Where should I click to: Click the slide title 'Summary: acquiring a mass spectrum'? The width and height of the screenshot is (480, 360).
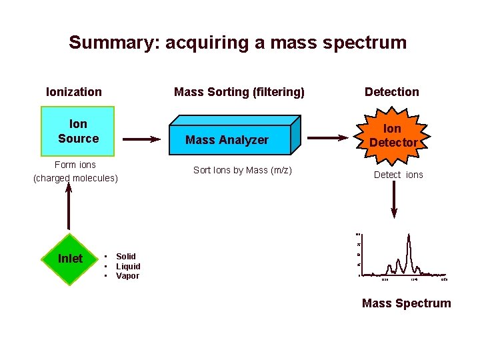[x=237, y=43]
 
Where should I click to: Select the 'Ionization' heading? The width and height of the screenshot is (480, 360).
[x=74, y=92]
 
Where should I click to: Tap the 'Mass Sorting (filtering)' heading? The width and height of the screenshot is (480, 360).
[x=239, y=92]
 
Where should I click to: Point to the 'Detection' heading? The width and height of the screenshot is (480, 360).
[x=392, y=92]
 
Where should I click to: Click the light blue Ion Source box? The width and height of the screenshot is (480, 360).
[x=78, y=131]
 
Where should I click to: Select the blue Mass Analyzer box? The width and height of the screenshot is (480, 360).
[x=227, y=139]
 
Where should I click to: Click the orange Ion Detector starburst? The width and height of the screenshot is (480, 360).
[x=393, y=135]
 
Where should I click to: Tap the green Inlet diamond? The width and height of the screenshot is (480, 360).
[x=71, y=259]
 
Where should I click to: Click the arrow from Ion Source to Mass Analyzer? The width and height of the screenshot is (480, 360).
[x=142, y=139]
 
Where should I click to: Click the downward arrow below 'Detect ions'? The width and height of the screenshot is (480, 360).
[x=395, y=201]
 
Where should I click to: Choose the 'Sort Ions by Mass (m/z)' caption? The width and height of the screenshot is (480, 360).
[x=243, y=170]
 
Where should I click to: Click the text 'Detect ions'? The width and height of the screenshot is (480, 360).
[x=398, y=175]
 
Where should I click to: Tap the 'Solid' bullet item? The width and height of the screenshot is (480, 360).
[x=125, y=257]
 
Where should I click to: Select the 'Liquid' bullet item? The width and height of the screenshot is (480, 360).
[x=128, y=266]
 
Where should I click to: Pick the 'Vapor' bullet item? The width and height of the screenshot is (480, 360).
[x=127, y=276]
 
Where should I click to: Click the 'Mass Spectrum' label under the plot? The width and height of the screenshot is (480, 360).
[x=406, y=303]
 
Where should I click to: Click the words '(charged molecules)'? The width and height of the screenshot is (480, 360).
[x=75, y=178]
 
